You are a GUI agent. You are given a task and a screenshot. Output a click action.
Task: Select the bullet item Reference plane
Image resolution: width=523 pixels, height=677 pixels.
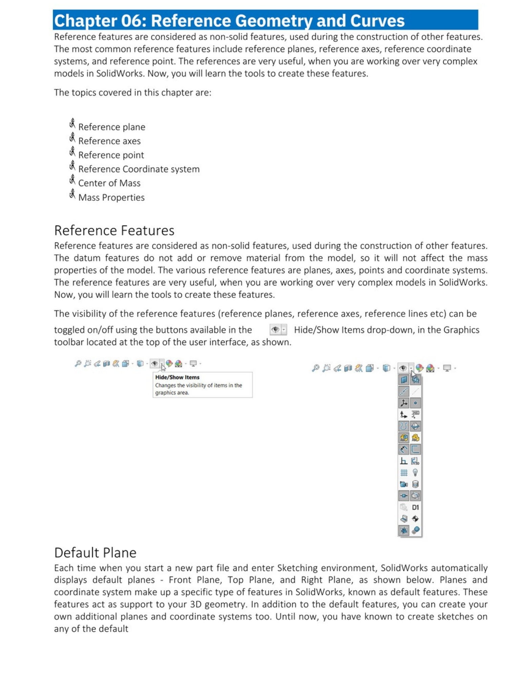click(111, 127)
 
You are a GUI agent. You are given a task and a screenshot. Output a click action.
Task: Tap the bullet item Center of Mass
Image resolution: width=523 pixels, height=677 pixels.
click(109, 183)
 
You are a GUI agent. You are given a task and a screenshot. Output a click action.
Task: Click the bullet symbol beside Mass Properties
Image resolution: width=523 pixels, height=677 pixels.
click(72, 194)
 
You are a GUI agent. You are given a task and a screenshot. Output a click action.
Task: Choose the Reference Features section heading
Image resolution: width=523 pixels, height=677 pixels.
click(114, 231)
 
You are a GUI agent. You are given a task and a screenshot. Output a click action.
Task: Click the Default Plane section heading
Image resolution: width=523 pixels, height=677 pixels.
click(95, 553)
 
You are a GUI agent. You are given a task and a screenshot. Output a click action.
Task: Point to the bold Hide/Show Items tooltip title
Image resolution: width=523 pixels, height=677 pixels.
click(177, 377)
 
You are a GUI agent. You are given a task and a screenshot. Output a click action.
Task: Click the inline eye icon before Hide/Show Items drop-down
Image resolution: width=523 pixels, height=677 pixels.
click(276, 329)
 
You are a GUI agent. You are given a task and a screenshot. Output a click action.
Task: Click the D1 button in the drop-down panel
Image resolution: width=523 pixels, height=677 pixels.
click(415, 507)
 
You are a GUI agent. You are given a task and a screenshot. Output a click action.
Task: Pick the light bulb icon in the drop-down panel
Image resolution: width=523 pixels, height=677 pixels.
click(415, 473)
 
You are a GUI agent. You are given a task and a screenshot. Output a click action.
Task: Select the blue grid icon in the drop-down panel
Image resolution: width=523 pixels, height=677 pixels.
click(404, 473)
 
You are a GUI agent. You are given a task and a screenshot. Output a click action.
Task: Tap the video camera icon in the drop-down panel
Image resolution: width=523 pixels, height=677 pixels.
click(404, 484)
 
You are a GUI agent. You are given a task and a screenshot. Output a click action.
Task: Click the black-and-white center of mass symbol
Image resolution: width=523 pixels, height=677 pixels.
click(415, 519)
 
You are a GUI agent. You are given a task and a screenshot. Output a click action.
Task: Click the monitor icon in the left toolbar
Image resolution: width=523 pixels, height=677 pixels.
click(193, 364)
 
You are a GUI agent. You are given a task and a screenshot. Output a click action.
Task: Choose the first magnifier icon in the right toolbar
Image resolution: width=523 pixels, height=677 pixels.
click(315, 368)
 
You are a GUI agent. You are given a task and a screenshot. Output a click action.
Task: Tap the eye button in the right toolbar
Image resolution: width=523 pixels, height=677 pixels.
click(403, 368)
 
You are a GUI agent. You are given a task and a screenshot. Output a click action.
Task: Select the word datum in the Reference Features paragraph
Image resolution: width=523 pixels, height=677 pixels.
click(86, 258)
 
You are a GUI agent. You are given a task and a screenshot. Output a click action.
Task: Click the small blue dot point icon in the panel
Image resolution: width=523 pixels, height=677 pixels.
click(415, 403)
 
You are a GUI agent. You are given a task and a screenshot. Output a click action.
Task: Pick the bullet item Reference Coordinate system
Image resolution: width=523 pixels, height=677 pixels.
click(139, 169)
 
